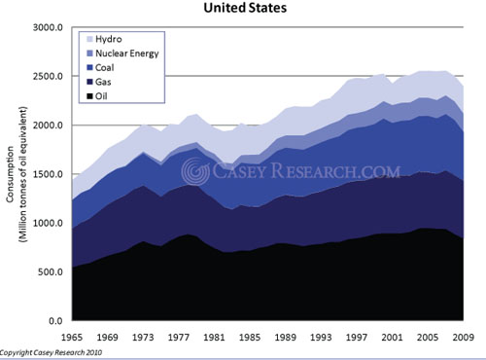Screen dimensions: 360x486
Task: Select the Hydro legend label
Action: [x=108, y=38]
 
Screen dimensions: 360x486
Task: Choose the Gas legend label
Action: [x=104, y=83]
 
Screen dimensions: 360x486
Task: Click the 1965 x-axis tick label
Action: [x=72, y=336]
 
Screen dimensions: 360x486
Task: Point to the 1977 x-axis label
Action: [x=176, y=336]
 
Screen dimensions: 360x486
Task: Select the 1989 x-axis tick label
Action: [x=281, y=336]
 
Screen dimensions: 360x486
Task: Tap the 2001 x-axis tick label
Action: [x=386, y=336]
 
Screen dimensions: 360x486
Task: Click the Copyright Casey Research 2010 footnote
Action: [x=57, y=353]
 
